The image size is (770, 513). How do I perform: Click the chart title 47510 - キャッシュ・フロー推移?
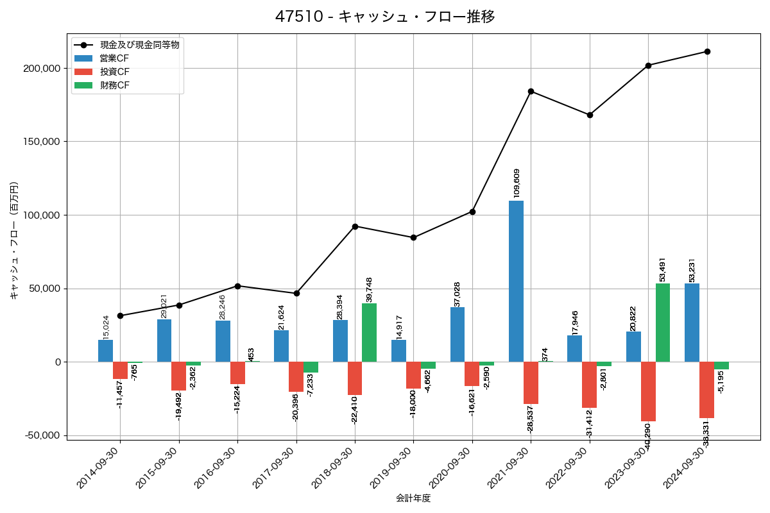click(x=385, y=17)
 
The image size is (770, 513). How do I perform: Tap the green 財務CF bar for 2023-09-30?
click(x=663, y=323)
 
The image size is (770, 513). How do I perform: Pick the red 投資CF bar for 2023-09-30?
click(x=648, y=391)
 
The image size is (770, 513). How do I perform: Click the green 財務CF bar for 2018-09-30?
click(x=369, y=332)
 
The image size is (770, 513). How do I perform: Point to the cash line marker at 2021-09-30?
click(x=531, y=91)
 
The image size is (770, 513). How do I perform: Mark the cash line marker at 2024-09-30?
click(x=707, y=51)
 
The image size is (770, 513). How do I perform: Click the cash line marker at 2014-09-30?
click(x=120, y=315)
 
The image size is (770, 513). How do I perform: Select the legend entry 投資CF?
click(x=115, y=72)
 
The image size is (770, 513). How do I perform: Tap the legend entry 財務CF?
click(x=115, y=85)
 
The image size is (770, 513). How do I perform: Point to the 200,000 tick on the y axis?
click(x=42, y=69)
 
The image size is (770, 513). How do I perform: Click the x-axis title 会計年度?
click(x=413, y=498)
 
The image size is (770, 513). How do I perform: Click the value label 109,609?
click(x=517, y=183)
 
